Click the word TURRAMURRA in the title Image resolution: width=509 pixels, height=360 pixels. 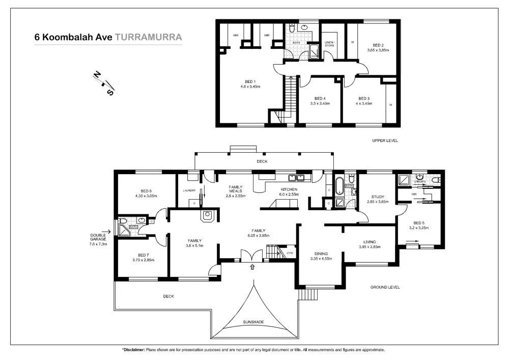point(148,37)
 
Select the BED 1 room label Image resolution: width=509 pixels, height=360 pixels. point(250,82)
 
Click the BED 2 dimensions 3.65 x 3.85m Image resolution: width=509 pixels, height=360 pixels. point(378,50)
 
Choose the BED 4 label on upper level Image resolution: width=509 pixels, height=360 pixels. point(320,98)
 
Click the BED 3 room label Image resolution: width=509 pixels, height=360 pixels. point(363,98)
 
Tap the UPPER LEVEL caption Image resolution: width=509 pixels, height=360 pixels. point(385,141)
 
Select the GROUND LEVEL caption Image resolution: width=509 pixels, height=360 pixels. point(385,287)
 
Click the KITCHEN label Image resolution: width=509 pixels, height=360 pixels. point(289,189)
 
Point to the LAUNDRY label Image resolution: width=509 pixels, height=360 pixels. point(189,190)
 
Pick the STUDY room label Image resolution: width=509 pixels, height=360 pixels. point(377,197)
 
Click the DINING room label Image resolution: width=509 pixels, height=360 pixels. point(321,254)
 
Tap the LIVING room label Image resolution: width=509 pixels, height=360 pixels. point(370,242)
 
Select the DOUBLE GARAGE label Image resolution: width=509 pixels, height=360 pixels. point(98,237)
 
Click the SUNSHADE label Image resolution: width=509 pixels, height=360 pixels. point(253,322)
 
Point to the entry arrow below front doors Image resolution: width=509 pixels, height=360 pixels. point(253,267)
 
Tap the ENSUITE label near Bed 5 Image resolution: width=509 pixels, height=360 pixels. point(420,181)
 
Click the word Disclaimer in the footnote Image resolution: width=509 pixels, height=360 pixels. point(134,350)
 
